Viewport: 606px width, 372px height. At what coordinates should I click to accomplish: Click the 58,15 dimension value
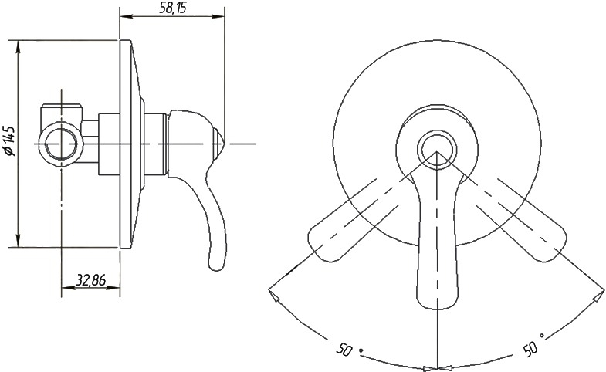pyautogui.click(x=173, y=8)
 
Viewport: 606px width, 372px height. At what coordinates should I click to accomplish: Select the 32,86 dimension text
pyautogui.click(x=91, y=279)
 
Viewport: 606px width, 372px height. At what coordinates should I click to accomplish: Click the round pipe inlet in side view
pyautogui.click(x=61, y=144)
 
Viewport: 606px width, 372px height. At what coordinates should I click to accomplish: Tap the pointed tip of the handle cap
pyautogui.click(x=224, y=144)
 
